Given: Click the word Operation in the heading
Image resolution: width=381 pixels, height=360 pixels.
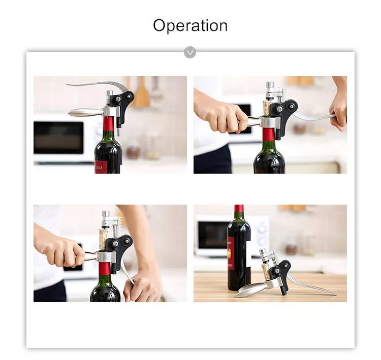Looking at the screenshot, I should (x=190, y=25).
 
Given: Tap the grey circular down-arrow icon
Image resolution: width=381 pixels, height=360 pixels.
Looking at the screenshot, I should (x=190, y=52).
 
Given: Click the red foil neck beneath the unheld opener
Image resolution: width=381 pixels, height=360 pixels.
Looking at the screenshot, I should (x=109, y=124).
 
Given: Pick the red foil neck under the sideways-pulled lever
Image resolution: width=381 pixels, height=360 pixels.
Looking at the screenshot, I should (x=269, y=134).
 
